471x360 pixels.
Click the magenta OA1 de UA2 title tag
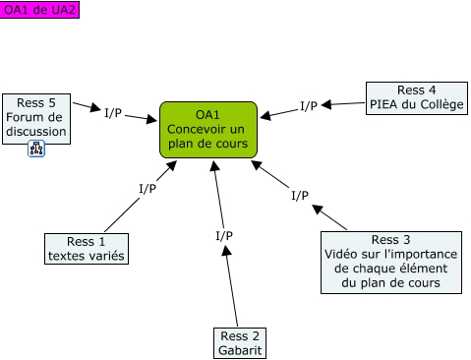point(39,9)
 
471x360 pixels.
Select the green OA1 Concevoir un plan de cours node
point(207,130)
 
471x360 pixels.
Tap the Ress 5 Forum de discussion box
point(35,118)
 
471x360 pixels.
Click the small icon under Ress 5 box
point(36,150)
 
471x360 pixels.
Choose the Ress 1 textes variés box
point(88,249)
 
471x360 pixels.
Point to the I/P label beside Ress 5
point(113,112)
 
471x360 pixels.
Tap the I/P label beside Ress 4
point(309,105)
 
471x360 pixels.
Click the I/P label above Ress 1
point(147,188)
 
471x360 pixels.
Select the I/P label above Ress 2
point(224,235)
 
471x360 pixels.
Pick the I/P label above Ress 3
point(300,195)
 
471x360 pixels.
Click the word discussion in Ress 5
point(35,132)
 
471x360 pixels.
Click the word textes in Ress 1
point(67,257)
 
